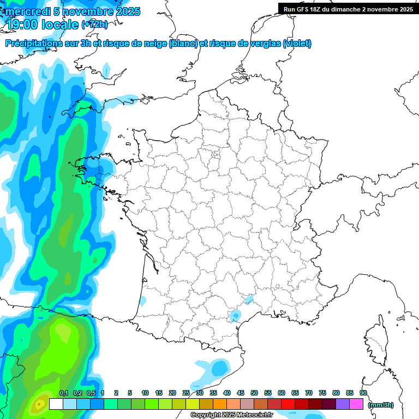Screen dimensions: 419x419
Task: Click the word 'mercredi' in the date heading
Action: [25, 11]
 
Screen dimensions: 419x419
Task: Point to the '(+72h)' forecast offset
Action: [94, 24]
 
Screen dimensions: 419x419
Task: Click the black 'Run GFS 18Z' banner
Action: [348, 9]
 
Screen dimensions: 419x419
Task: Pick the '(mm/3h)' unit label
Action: [381, 404]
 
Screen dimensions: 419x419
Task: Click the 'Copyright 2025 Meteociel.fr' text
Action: [231, 415]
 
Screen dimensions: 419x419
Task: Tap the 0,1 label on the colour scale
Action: [63, 393]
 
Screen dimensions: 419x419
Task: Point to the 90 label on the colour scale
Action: [363, 393]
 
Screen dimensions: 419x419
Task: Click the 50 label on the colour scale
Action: [254, 393]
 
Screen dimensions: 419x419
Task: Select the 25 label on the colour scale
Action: [186, 393]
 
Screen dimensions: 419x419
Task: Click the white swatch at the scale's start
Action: [56, 404]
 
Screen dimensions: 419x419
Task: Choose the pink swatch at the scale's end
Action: [356, 404]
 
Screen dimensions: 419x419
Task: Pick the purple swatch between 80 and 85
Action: [343, 404]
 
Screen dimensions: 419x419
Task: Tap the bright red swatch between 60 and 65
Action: [288, 404]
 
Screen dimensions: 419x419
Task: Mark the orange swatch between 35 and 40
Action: [220, 404]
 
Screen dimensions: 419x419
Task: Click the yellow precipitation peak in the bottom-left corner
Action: [39, 405]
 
